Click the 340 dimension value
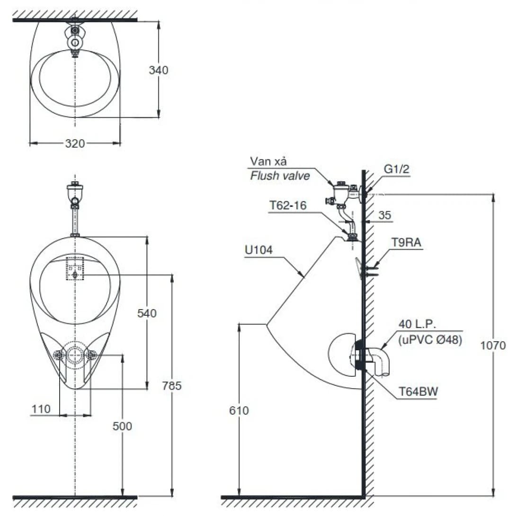point(159,71)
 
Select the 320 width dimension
point(75,143)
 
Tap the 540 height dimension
point(147,313)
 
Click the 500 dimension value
point(123,426)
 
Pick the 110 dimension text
point(41,409)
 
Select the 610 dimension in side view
point(240,410)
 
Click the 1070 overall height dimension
point(493,346)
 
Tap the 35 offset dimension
point(385,215)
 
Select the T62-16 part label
point(288,205)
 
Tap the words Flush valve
point(280,176)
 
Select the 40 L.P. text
point(417,324)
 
